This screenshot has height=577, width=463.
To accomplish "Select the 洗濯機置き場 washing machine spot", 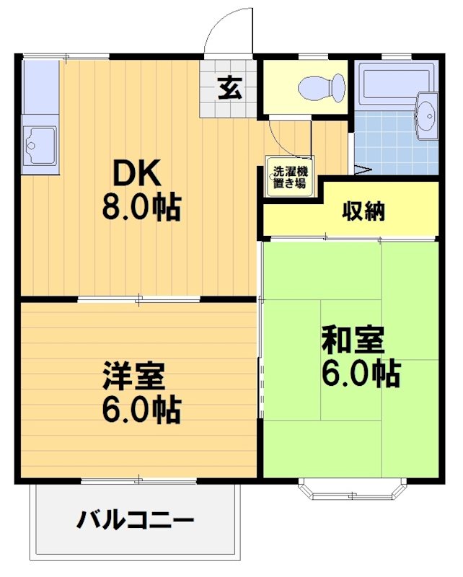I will (288, 177).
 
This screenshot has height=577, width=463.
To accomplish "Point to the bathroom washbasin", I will (425, 114).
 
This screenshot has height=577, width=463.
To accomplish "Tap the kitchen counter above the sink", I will (40, 87).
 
